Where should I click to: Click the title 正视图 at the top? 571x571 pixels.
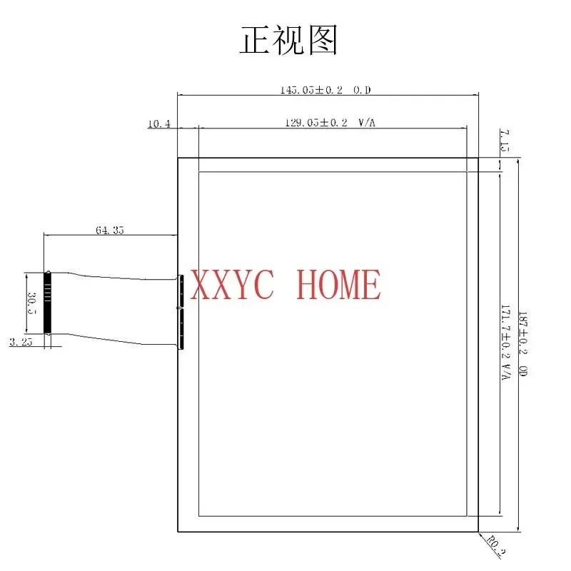pos(288,41)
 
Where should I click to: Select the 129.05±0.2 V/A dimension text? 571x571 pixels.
pos(330,123)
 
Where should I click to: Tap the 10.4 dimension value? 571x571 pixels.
pos(158,123)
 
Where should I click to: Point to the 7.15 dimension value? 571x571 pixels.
pos(505,141)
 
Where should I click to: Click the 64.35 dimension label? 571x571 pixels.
pos(109,230)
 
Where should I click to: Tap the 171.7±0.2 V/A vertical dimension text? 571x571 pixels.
pos(506,343)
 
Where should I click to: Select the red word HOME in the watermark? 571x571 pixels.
pos(338,285)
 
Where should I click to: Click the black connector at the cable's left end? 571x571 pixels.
pos(48,301)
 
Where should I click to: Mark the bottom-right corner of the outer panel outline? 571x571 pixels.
pos(477,532)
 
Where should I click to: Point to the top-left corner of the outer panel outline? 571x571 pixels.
pos(177,158)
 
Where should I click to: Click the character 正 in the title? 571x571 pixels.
pos(254,41)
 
